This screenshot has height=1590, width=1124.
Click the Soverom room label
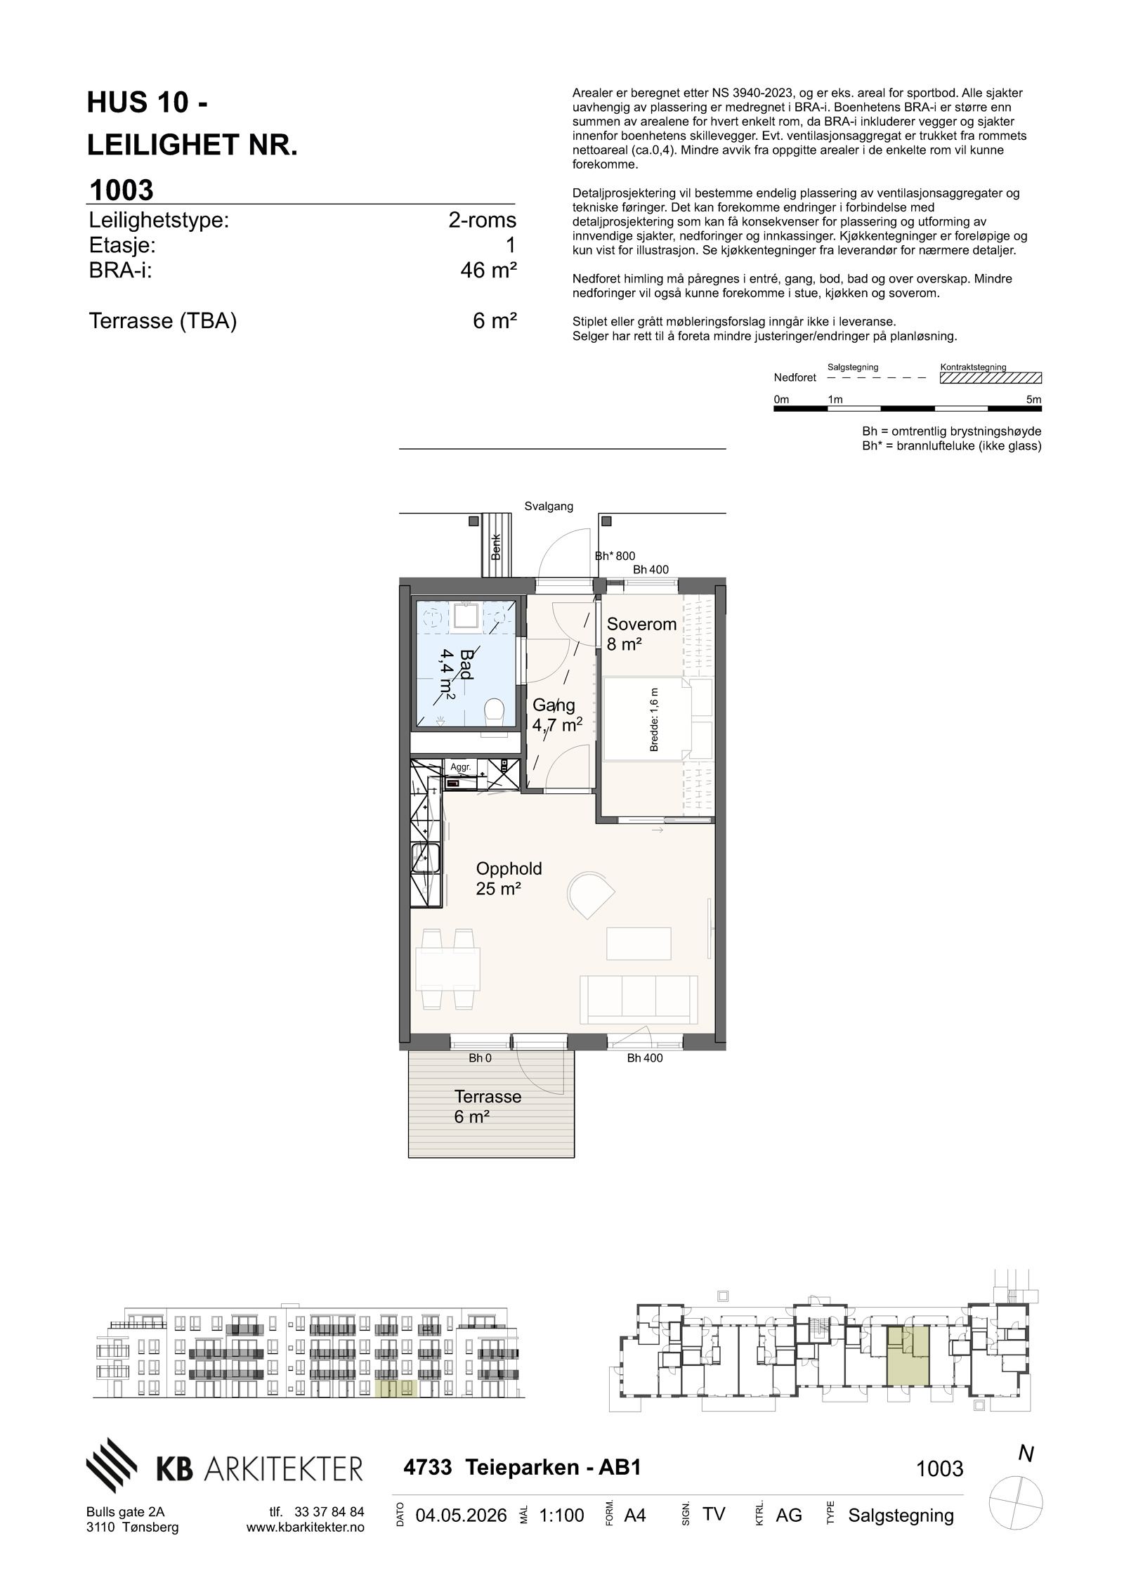641,624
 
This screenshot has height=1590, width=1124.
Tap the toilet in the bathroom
496,710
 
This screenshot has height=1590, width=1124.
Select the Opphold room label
509,868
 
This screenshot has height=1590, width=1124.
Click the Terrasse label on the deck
488,1097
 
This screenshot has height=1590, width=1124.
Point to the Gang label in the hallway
554,705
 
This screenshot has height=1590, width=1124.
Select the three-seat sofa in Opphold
639,999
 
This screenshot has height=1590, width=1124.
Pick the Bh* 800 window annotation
615,556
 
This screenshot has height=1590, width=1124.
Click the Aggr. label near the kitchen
461,767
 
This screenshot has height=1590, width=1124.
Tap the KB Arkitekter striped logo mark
112,1464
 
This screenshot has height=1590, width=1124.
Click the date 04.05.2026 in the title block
461,1516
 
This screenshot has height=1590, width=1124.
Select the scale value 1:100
561,1516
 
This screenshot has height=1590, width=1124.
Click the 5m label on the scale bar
1033,399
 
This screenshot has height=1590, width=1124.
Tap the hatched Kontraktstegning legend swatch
991,378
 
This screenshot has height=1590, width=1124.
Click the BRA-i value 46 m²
488,271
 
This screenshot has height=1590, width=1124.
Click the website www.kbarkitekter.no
306,1527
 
